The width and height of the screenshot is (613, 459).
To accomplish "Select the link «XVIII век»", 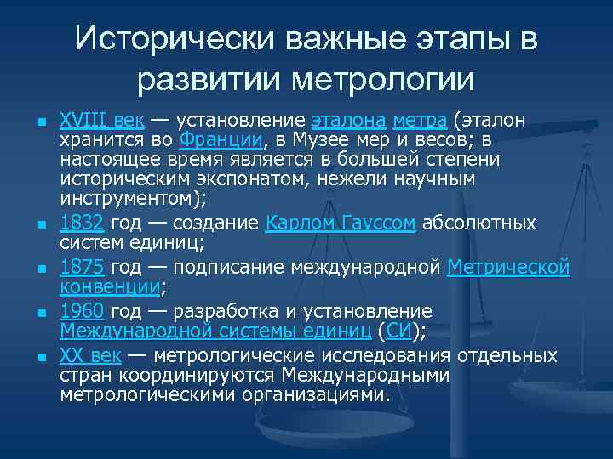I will pos(100,118).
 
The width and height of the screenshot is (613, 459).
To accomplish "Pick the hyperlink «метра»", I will pos(421,118).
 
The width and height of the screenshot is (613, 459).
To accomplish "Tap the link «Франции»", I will pos(222,139).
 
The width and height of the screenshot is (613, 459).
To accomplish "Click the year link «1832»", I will pos(82,224).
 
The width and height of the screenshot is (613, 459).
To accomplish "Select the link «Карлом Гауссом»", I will pos(341,224).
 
